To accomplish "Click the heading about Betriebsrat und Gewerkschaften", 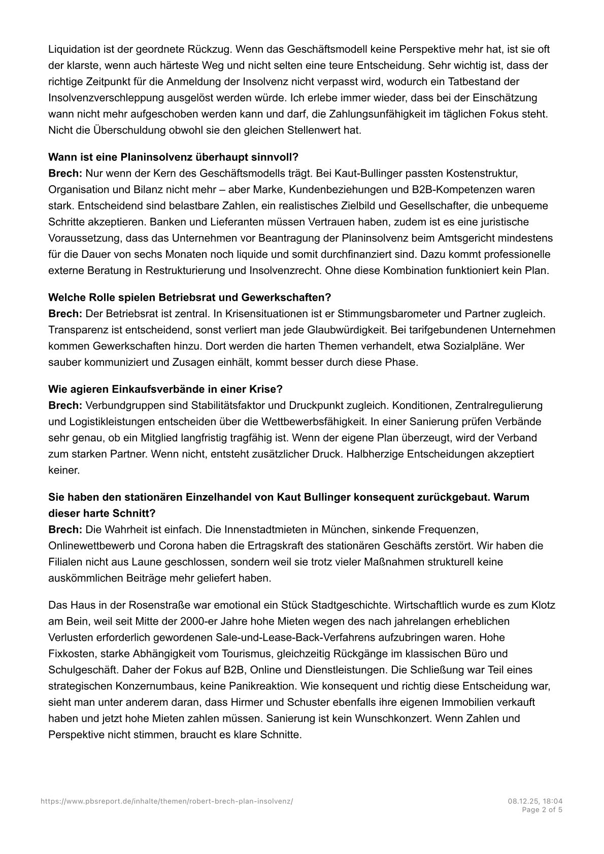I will (189, 297).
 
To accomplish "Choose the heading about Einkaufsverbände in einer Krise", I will (165, 389).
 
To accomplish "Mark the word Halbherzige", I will (376, 454).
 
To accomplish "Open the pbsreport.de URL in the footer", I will (167, 801).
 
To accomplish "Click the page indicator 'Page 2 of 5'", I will (542, 810).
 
